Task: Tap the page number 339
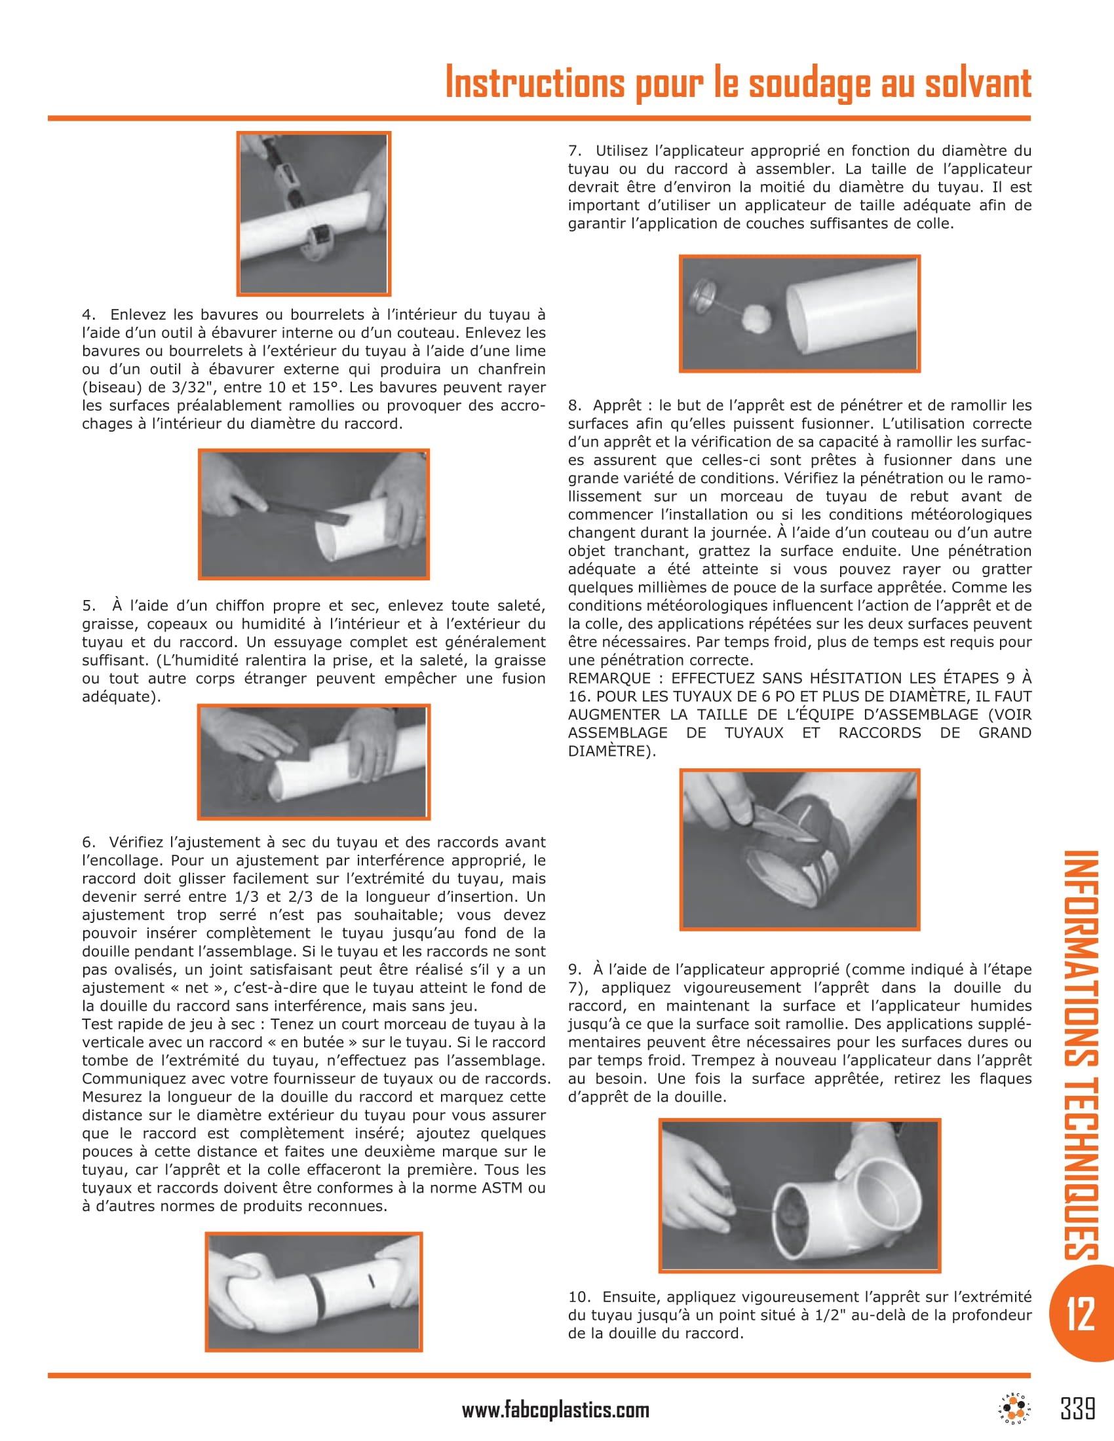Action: (x=1078, y=1408)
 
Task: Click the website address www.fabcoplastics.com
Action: (x=555, y=1410)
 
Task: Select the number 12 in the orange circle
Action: (x=1081, y=1313)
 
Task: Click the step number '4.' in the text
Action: (x=88, y=314)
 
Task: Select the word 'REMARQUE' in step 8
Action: (x=609, y=679)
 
